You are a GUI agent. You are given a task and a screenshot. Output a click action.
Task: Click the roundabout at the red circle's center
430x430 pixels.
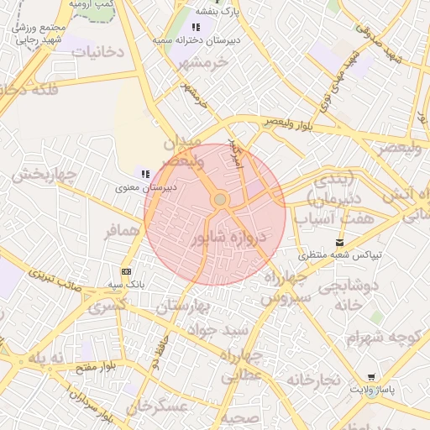(220, 200)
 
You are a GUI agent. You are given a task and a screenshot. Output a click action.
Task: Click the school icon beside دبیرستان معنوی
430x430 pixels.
(145, 174)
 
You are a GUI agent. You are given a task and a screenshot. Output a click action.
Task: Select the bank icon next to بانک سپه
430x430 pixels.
(126, 271)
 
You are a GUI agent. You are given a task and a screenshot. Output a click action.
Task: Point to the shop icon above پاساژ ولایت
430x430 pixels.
(371, 377)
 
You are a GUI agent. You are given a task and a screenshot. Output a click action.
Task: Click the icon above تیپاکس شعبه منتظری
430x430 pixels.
(339, 240)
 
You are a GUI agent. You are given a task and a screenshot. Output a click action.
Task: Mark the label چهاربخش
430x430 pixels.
(44, 176)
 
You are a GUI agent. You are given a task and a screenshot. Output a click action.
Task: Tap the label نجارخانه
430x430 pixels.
(312, 380)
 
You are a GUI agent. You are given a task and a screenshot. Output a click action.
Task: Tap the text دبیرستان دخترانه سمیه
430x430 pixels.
(202, 39)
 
